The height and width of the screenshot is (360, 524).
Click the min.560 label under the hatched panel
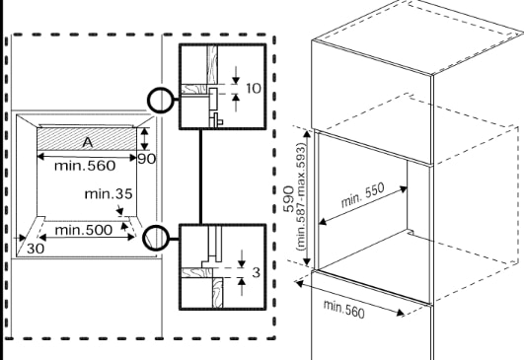pyautogui.click(x=88, y=165)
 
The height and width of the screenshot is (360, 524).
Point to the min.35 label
pyautogui.click(x=109, y=193)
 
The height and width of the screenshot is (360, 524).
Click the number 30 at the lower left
pyautogui.click(x=37, y=250)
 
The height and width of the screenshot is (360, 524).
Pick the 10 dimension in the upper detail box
pyautogui.click(x=252, y=89)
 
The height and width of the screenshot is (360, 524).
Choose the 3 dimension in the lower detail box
pyautogui.click(x=255, y=269)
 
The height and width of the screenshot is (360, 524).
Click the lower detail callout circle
pyautogui.click(x=155, y=238)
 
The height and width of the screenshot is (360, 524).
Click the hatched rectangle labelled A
pyautogui.click(x=59, y=139)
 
